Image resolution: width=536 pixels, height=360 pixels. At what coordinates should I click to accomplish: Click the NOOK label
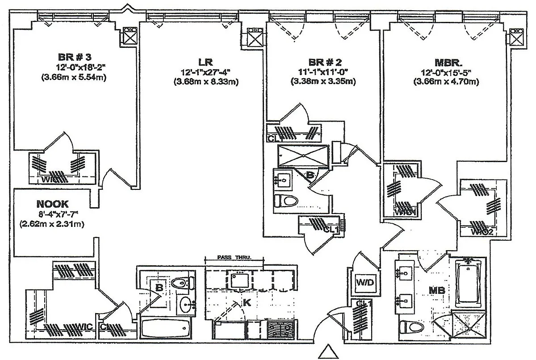click(x=52, y=204)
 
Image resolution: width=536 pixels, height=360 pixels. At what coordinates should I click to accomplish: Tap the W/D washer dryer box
click(x=362, y=283)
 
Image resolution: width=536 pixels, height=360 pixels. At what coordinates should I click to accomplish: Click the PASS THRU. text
click(x=234, y=258)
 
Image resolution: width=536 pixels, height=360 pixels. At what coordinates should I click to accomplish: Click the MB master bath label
click(x=436, y=291)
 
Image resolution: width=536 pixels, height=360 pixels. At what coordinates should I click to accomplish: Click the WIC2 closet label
click(x=482, y=231)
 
